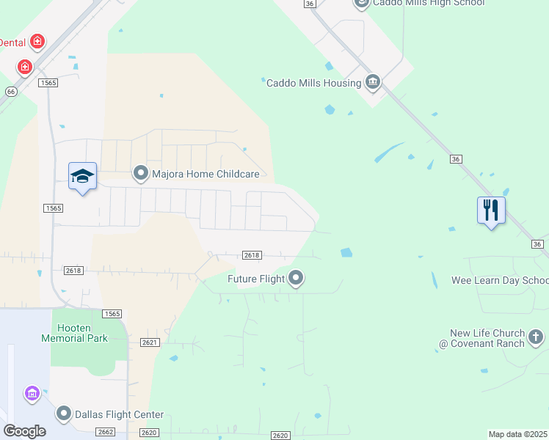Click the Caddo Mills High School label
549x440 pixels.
tap(429, 3)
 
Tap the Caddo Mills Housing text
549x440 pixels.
tap(313, 83)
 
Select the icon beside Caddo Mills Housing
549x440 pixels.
tap(372, 82)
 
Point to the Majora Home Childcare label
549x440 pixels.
tap(206, 174)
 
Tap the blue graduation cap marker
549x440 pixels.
tap(82, 177)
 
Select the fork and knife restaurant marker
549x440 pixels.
tap(491, 210)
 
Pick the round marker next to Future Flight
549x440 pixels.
tap(296, 278)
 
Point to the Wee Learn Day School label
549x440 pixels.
tap(500, 281)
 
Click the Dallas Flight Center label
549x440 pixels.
tap(120, 414)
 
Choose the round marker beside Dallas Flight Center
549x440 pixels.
tap(64, 414)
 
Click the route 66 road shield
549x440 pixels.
tap(10, 92)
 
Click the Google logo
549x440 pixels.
tap(24, 431)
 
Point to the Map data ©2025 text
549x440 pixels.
tap(517, 434)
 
